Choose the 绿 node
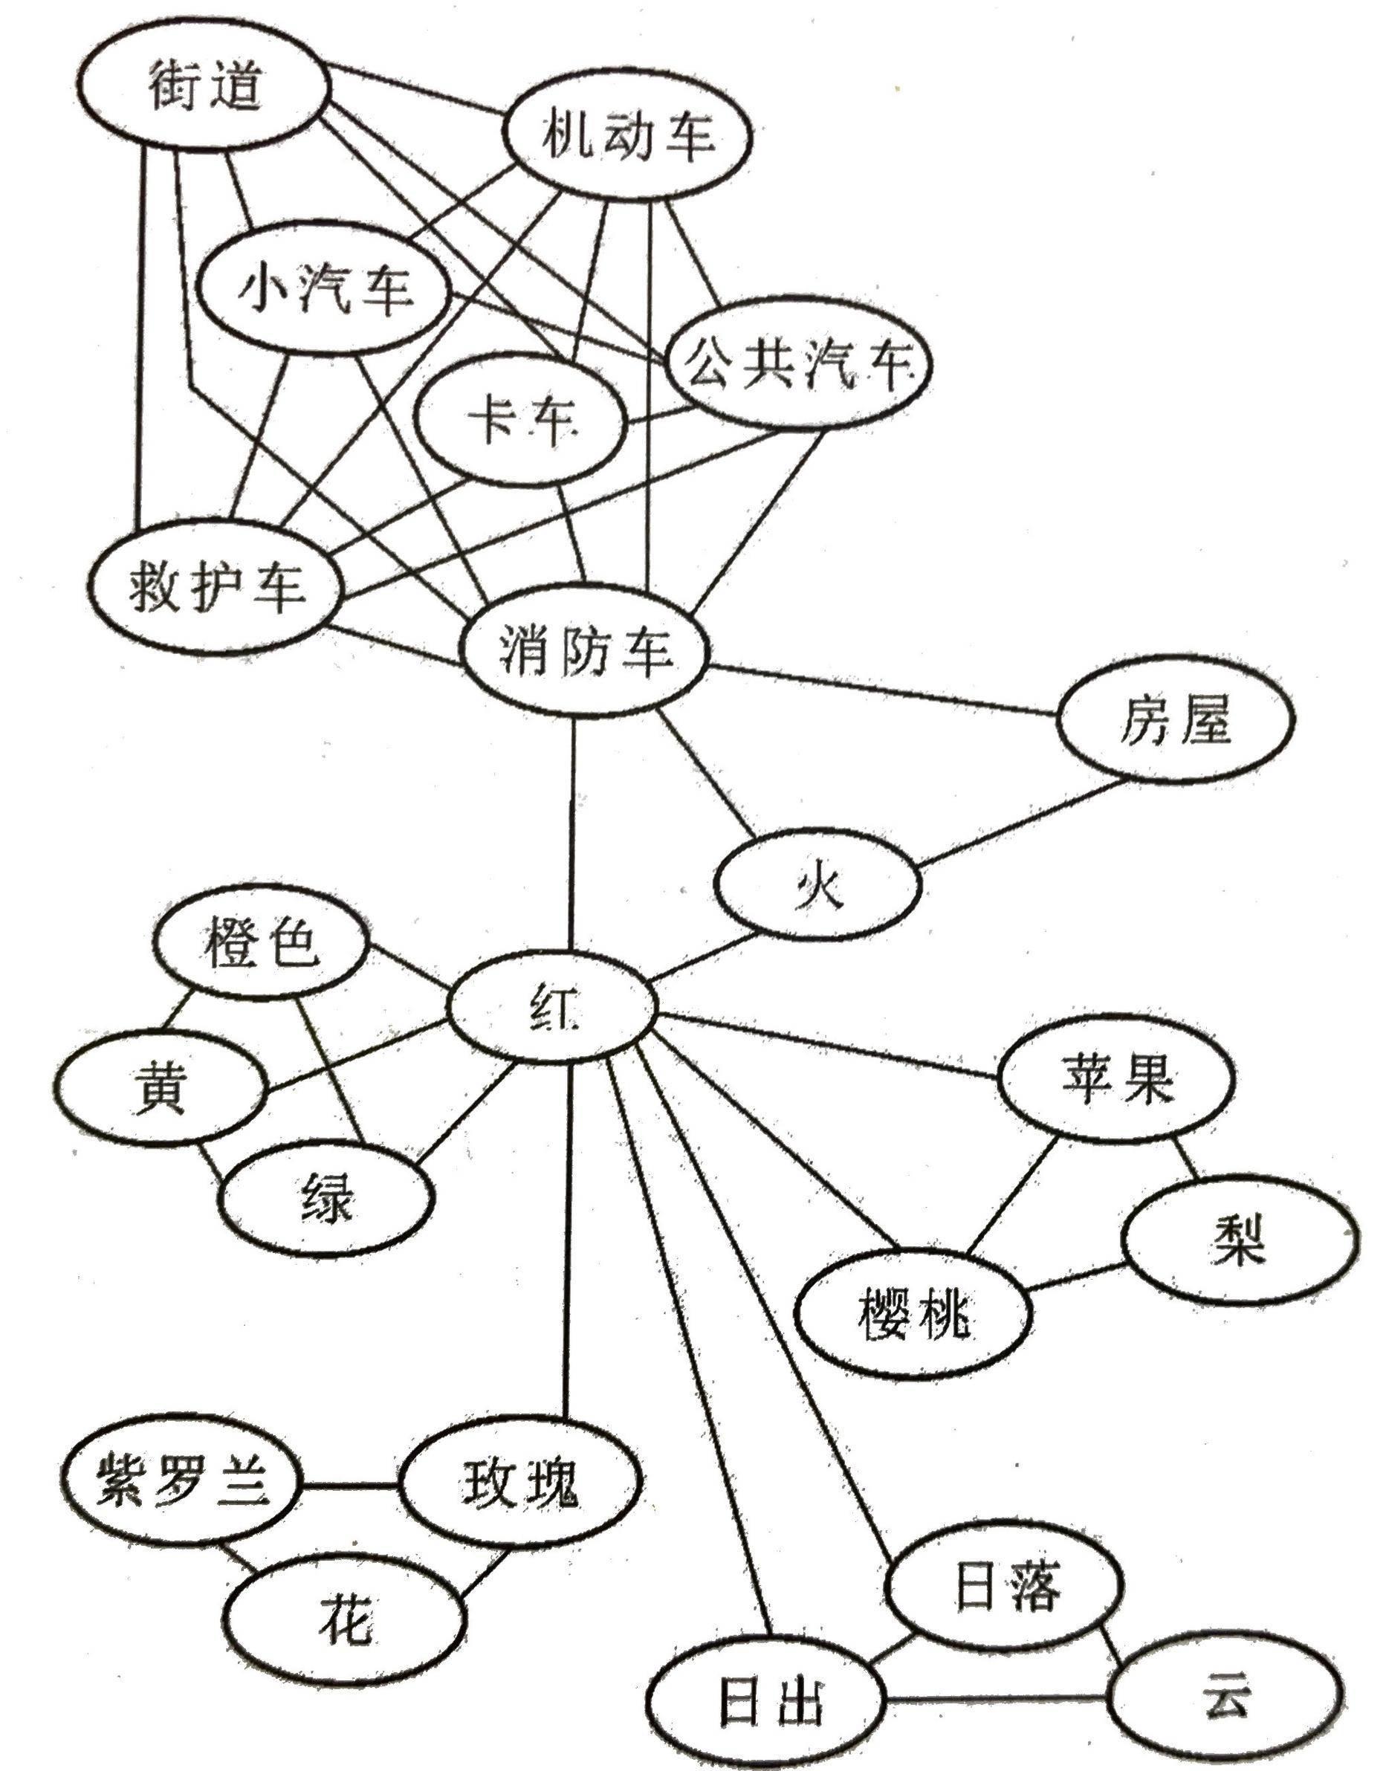click(x=326, y=1197)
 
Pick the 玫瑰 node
click(x=520, y=1481)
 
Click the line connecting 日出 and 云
click(x=998, y=1697)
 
